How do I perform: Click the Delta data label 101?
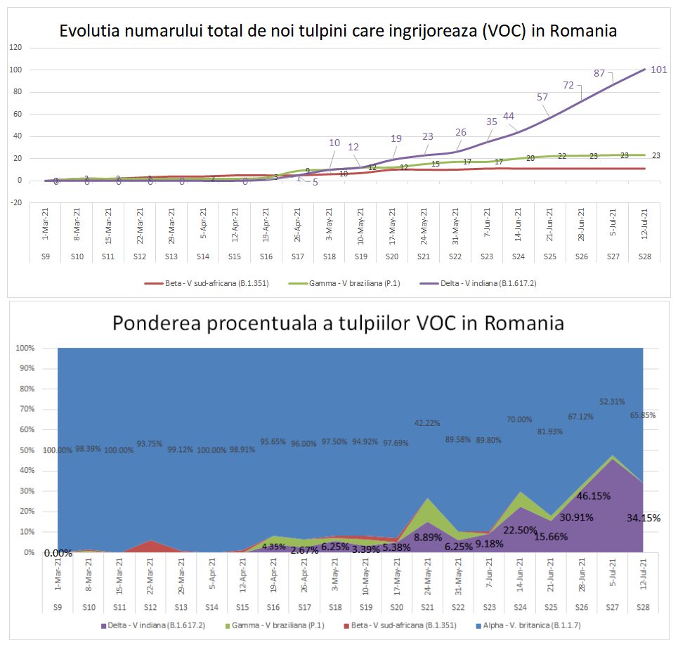[658, 70]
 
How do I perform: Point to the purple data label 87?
[599, 72]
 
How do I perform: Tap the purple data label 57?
[542, 97]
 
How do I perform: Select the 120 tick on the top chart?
[15, 48]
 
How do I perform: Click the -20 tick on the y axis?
[15, 203]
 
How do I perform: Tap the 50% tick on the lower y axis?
[27, 450]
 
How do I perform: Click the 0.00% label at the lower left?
[58, 553]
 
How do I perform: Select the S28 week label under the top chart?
[645, 256]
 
